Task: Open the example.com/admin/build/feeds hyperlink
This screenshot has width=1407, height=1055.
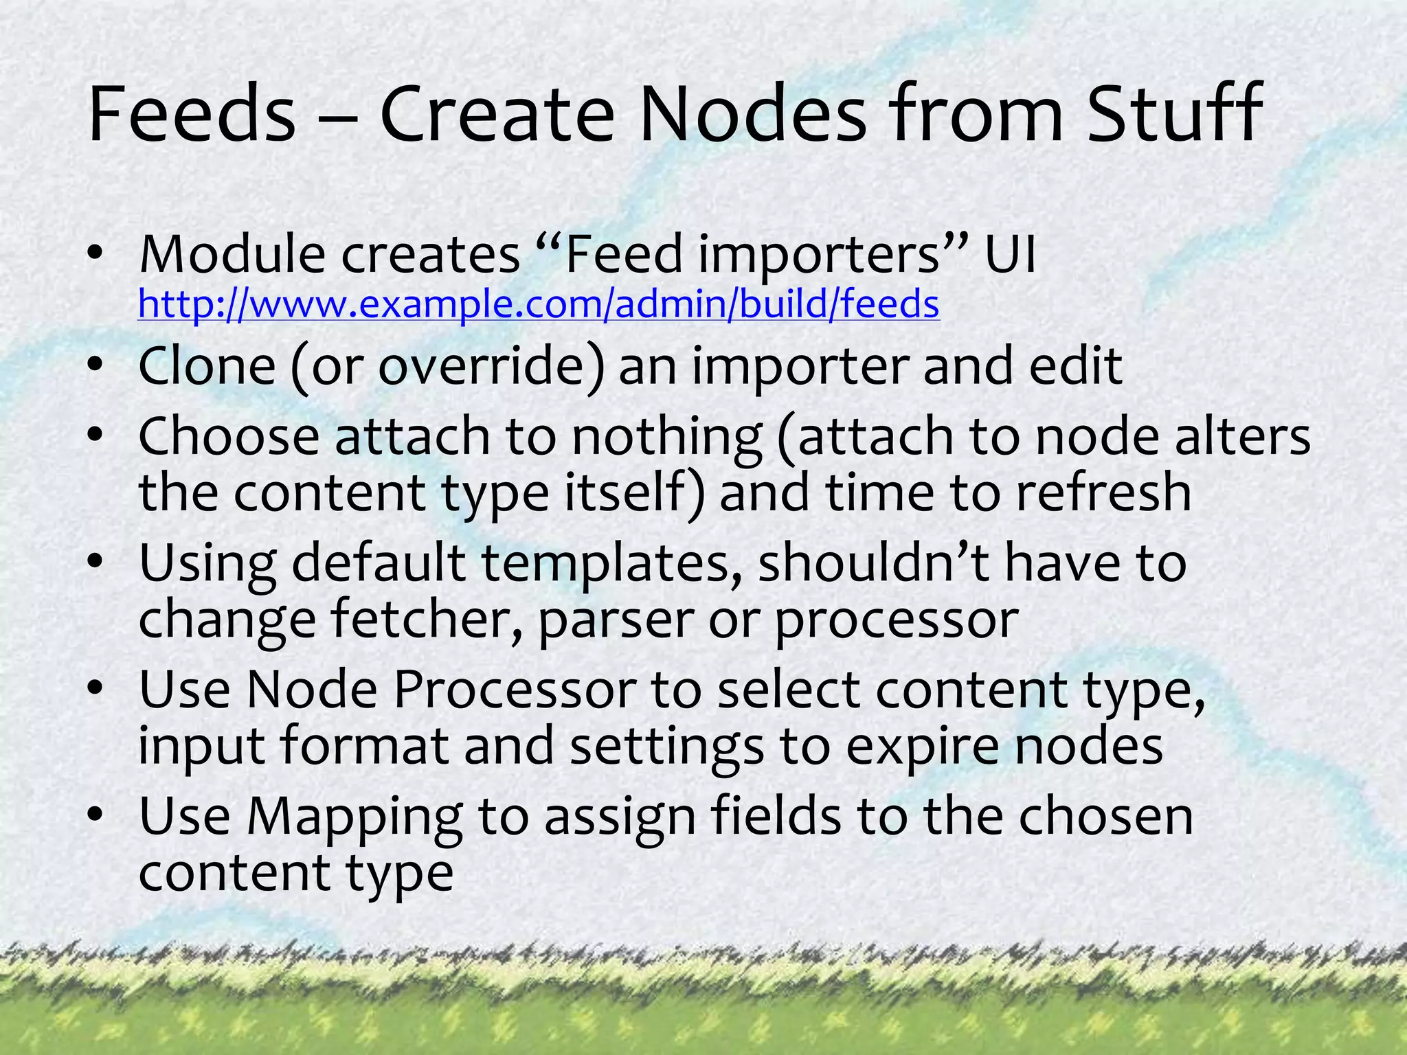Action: [x=539, y=304]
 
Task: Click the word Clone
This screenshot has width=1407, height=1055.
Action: [x=207, y=366]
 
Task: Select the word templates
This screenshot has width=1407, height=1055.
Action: [x=605, y=563]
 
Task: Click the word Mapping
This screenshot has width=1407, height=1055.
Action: [x=354, y=818]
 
